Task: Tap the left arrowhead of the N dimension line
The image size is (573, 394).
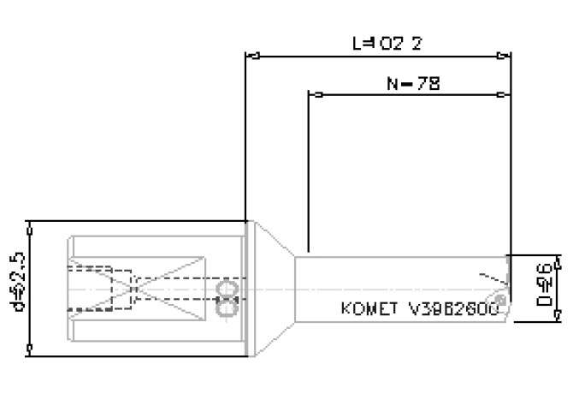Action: click(x=313, y=95)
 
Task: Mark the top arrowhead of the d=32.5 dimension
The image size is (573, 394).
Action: click(x=31, y=224)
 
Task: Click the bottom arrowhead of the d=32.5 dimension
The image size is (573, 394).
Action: click(x=31, y=348)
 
